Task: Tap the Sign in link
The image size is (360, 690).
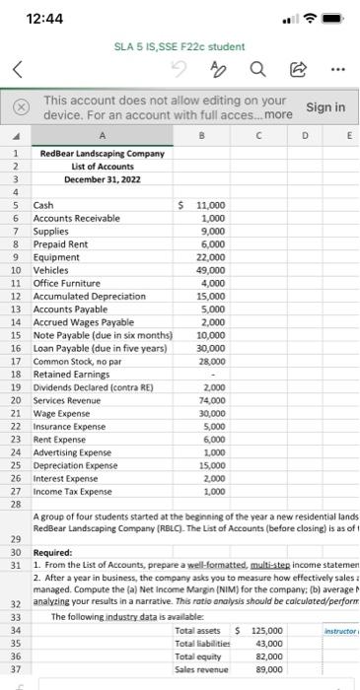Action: coord(325,106)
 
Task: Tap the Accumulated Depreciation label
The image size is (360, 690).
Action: coord(89,295)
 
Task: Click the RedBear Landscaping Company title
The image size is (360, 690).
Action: coord(102,154)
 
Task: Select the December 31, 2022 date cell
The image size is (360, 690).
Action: coord(102,180)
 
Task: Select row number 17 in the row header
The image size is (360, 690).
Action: coord(16,362)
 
